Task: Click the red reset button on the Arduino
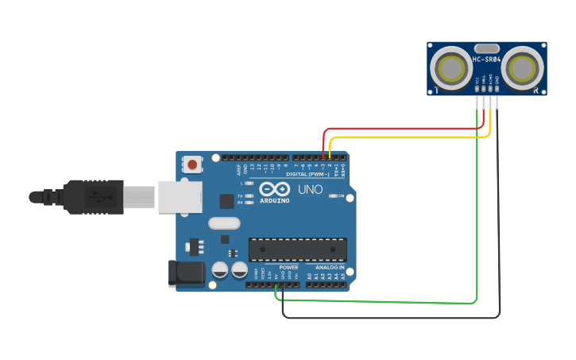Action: (192, 165)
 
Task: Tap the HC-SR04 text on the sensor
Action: (486, 60)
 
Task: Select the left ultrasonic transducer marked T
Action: (449, 68)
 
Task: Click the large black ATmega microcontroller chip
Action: (298, 250)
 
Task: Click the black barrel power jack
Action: (184, 274)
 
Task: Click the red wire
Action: (397, 128)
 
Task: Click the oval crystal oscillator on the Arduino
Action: (224, 223)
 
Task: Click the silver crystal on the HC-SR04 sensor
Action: (486, 48)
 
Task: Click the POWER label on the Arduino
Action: (288, 268)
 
